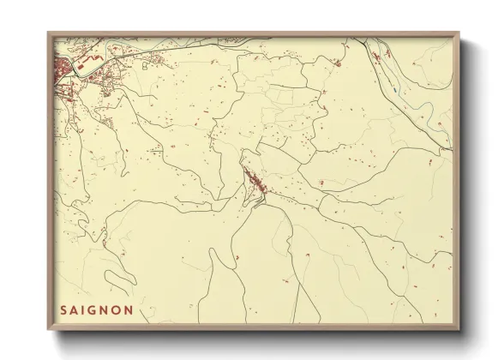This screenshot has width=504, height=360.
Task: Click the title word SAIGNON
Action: [x=97, y=310]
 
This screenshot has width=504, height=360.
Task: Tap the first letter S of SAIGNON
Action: [x=64, y=310]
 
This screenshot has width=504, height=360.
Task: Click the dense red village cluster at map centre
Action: [x=255, y=183]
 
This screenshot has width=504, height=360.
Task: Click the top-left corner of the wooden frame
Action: [x=48, y=33]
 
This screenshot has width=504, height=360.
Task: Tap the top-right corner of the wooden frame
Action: [x=459, y=33]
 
